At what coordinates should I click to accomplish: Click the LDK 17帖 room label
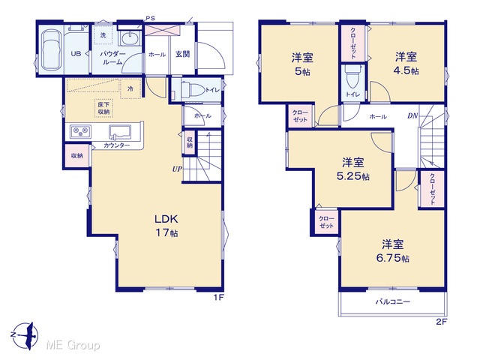tap(166, 226)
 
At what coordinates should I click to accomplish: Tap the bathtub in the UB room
tap(51, 50)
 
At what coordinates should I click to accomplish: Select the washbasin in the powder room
tap(130, 39)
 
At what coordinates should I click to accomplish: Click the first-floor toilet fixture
tap(193, 90)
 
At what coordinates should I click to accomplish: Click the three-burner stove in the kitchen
tap(80, 132)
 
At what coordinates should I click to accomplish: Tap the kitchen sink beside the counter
tap(120, 132)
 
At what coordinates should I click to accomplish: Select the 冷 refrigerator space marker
tap(130, 88)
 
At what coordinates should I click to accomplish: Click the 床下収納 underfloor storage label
tap(103, 108)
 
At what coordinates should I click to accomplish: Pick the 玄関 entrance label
tap(182, 54)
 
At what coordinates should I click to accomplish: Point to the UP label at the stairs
tap(177, 169)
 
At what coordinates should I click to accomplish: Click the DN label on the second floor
tap(412, 115)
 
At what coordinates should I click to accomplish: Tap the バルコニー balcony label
tap(393, 301)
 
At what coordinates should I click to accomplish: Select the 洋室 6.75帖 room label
tap(393, 251)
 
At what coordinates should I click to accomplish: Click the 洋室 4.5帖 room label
tap(406, 63)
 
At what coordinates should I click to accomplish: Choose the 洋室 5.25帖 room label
tap(353, 169)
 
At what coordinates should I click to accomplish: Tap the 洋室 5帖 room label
tap(302, 64)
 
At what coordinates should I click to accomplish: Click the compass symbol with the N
tap(25, 336)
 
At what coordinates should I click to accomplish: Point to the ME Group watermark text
tap(73, 345)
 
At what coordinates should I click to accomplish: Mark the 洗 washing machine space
tap(103, 34)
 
